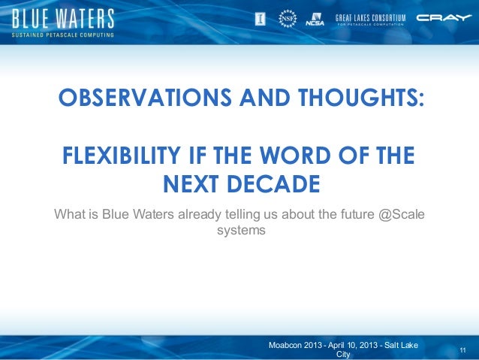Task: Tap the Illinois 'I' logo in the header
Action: pyautogui.click(x=261, y=18)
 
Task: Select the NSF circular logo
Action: pyautogui.click(x=287, y=18)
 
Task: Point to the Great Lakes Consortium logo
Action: pyautogui.click(x=370, y=19)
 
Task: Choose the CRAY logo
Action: pyautogui.click(x=444, y=18)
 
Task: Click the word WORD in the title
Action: pyautogui.click(x=298, y=158)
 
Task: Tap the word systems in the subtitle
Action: pyautogui.click(x=240, y=231)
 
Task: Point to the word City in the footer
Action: pyautogui.click(x=342, y=354)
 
